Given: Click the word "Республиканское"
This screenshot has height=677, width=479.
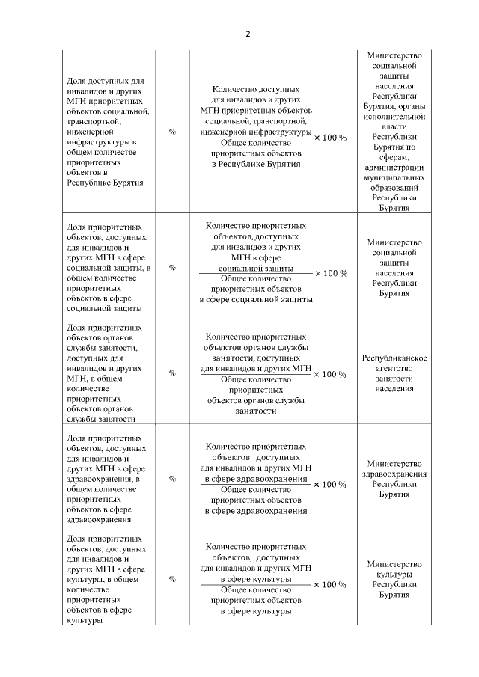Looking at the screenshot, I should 394,358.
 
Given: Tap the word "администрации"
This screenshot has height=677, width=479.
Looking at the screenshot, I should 394,169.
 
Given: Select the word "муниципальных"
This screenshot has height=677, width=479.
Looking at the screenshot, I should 394,180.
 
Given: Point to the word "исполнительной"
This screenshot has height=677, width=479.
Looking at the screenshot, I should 394,117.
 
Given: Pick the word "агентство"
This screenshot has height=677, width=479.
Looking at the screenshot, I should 394,369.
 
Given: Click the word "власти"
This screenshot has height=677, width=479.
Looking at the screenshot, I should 394,128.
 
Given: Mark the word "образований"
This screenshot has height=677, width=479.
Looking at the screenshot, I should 394,190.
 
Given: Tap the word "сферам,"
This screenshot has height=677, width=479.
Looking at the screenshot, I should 394,159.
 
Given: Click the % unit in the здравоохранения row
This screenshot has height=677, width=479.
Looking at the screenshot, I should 173,478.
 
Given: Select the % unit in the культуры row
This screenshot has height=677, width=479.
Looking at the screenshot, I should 173,579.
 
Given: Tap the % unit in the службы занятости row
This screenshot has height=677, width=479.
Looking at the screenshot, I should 173,373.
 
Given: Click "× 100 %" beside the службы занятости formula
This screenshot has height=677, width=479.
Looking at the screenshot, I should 330,374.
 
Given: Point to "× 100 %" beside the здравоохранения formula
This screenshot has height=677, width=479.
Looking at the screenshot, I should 330,484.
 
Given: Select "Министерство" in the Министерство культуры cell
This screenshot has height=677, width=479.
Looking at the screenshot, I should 394,564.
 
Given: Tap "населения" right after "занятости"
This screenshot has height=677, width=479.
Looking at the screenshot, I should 394,389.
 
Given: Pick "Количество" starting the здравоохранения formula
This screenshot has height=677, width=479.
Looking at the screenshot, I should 228,446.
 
